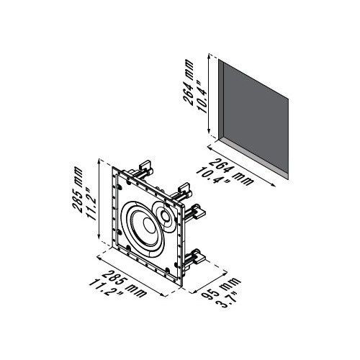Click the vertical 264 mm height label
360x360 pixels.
click(188, 82)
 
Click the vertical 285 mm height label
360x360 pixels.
click(78, 191)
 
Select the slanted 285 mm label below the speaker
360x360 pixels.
click(124, 284)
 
